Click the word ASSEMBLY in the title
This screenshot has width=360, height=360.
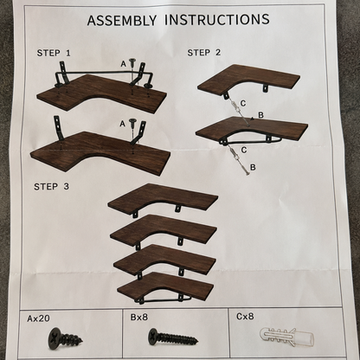tap(122, 20)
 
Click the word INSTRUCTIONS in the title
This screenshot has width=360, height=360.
tap(217, 19)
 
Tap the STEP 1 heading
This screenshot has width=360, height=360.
tap(54, 53)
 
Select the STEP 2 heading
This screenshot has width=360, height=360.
tap(204, 53)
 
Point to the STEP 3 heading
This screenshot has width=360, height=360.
tap(51, 187)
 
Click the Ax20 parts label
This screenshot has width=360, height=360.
tap(38, 318)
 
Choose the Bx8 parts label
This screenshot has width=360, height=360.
tap(139, 318)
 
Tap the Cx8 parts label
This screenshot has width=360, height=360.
tap(245, 317)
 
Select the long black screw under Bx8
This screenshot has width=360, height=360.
tap(173, 337)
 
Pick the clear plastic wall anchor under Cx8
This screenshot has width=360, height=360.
tap(286, 337)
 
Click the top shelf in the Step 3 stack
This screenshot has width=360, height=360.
tap(163, 198)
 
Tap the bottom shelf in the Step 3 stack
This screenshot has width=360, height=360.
tap(165, 286)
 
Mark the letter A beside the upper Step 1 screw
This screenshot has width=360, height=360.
tap(124, 64)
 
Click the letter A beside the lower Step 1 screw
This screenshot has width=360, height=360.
tap(123, 124)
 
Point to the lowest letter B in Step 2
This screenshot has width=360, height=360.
tap(253, 167)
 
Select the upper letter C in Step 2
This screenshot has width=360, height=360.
tap(243, 103)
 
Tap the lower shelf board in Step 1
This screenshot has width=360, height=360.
tap(100, 151)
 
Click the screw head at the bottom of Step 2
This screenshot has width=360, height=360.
tap(247, 173)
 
